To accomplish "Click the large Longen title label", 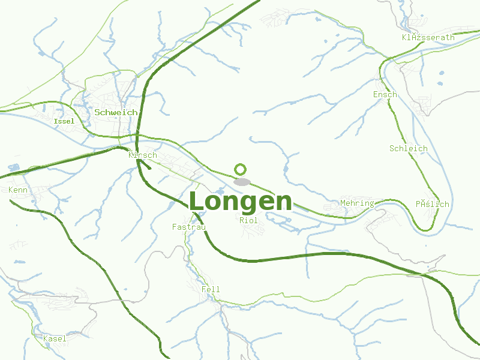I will tap(241, 202).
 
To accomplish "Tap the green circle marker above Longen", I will tap(241, 169).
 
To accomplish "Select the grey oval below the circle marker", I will tap(242, 182).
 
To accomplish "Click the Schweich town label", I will tap(116, 112).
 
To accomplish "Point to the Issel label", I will tap(64, 121).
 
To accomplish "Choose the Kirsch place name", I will tap(143, 155).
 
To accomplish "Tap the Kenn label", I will tap(18, 190).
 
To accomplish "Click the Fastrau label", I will tap(189, 227).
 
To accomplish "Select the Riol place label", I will tap(248, 220).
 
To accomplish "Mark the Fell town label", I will tap(211, 289).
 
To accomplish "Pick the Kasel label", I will tap(55, 338).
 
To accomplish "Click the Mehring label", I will tap(357, 203).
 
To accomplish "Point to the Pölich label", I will tap(432, 204).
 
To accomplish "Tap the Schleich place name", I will tap(408, 148).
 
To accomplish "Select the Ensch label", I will tap(385, 94).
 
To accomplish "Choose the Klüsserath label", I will tap(428, 37).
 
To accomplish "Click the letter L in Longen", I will tap(197, 202).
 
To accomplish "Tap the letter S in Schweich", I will tap(97, 112).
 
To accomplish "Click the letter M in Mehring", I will tap(343, 203).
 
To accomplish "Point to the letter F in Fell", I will tap(204, 289).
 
